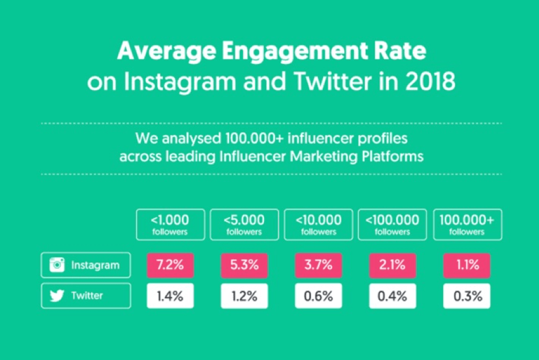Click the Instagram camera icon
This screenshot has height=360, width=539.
pyautogui.click(x=56, y=265)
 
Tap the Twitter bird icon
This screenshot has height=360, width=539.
pyautogui.click(x=56, y=296)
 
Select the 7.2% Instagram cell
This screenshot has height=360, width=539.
pyautogui.click(x=170, y=265)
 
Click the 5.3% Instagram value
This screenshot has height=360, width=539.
pyautogui.click(x=244, y=265)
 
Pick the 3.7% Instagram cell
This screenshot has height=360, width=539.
pyautogui.click(x=319, y=265)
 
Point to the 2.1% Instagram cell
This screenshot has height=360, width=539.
pyautogui.click(x=393, y=265)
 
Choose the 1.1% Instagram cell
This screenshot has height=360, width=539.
pyautogui.click(x=467, y=265)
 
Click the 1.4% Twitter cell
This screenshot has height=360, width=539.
pyautogui.click(x=170, y=296)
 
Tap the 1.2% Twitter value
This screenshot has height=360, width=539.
pyautogui.click(x=244, y=296)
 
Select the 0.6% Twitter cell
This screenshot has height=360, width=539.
pyautogui.click(x=319, y=296)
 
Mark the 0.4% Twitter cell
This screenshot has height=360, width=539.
pyautogui.click(x=393, y=296)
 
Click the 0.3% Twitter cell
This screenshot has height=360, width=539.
pyautogui.click(x=467, y=296)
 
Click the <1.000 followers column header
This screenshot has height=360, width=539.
pyautogui.click(x=170, y=224)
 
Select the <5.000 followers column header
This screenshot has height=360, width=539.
pyautogui.click(x=244, y=224)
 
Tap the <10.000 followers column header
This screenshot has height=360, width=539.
pyautogui.click(x=319, y=224)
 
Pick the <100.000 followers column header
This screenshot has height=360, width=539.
pyautogui.click(x=393, y=224)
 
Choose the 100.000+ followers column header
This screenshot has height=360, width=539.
pyautogui.click(x=467, y=224)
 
